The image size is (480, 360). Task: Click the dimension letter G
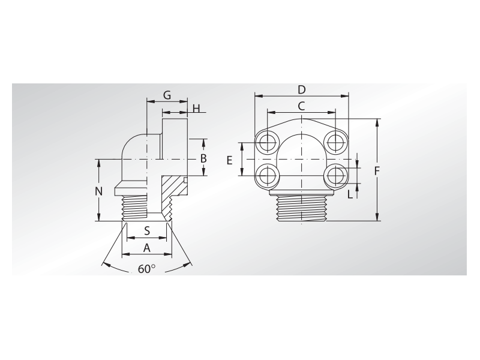[167, 95]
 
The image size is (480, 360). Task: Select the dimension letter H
[196, 108]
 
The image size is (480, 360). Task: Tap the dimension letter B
[203, 158]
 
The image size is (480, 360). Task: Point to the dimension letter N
[100, 191]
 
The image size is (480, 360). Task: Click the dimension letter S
[146, 231]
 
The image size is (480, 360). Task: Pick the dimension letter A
[146, 247]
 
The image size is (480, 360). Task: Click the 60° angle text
[146, 269]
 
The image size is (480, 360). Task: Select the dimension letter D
[302, 89]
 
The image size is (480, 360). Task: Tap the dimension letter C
[302, 106]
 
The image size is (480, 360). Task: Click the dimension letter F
[377, 171]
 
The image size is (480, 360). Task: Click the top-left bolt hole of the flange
[266, 142]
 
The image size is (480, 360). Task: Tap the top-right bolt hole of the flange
[334, 142]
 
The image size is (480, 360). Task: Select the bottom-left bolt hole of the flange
[266, 176]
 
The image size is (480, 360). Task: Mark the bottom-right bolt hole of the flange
[334, 176]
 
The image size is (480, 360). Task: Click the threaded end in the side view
[136, 208]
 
